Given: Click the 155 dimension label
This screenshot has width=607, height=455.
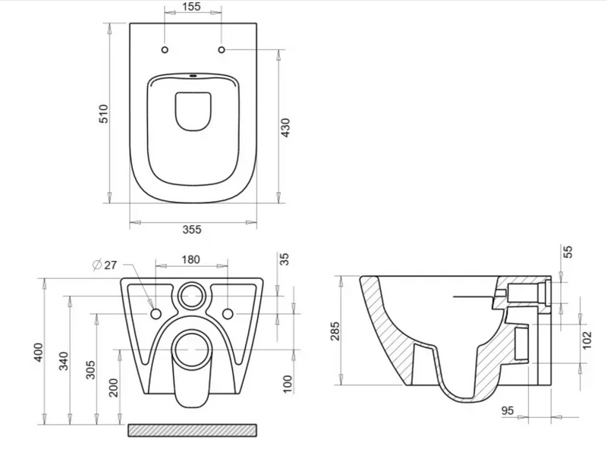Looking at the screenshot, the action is click(x=193, y=7).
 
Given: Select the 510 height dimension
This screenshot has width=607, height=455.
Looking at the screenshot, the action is click(x=104, y=114).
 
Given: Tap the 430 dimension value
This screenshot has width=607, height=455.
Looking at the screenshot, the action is click(x=285, y=127).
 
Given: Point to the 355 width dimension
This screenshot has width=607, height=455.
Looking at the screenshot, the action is click(x=192, y=230).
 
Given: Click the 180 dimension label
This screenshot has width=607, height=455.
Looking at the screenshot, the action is click(x=191, y=259).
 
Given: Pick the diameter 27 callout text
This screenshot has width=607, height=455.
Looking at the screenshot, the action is click(x=105, y=265).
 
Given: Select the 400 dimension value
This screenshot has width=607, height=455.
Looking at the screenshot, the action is click(x=39, y=353).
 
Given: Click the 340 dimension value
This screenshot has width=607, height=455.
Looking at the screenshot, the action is click(x=64, y=361).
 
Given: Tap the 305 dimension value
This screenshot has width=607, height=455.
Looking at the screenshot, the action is click(x=90, y=370).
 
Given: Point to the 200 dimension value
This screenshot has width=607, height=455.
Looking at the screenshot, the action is click(x=114, y=388).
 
